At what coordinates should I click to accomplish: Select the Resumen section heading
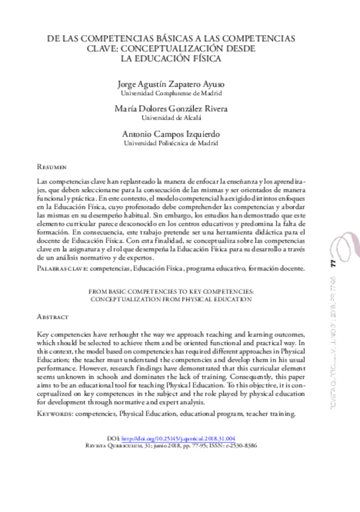pos(52,165)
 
